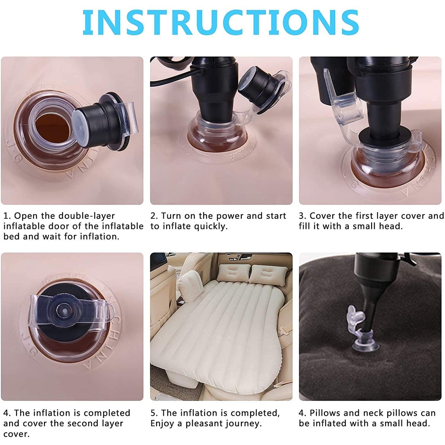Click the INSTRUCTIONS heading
(220, 22)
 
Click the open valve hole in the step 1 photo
(52, 126)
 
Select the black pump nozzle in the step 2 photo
(214, 102)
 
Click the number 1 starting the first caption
(5, 216)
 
